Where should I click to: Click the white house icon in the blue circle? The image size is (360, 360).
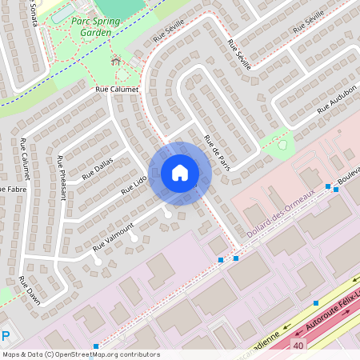[x=180, y=173]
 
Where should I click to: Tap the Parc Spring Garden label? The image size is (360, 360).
[x=101, y=27]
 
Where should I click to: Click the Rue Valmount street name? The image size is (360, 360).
[x=113, y=235]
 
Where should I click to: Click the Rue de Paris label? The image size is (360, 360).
[x=217, y=151]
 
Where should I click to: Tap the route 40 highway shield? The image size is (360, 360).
[x=298, y=345]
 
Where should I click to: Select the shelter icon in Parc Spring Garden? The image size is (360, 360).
[x=114, y=61]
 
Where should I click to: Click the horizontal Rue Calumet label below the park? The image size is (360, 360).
[x=117, y=90]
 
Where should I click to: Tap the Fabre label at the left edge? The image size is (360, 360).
[x=11, y=189]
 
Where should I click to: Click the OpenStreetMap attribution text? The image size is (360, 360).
[x=80, y=354]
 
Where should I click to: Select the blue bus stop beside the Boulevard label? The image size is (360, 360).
[x=328, y=186]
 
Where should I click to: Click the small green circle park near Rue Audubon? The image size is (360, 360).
[x=282, y=145]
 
